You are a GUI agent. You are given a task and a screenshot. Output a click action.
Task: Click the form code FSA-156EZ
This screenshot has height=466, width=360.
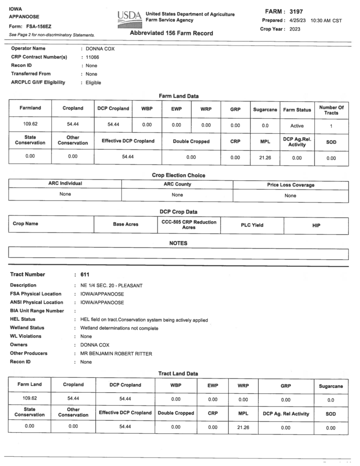click(x=38, y=26)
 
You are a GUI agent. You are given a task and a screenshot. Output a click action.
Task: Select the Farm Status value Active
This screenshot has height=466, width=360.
click(x=297, y=126)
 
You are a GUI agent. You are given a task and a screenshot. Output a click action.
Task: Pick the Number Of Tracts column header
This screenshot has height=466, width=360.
click(x=332, y=110)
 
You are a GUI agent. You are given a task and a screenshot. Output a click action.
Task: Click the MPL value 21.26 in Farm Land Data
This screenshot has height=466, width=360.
click(x=265, y=158)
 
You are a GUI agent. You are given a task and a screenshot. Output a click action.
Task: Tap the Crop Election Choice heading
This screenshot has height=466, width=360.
click(x=178, y=175)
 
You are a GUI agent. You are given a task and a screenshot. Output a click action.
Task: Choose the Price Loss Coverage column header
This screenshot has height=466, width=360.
click(x=291, y=185)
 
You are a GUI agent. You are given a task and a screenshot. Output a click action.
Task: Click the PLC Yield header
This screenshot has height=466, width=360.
click(x=252, y=225)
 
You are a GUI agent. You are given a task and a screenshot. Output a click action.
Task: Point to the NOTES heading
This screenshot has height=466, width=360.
click(x=178, y=243)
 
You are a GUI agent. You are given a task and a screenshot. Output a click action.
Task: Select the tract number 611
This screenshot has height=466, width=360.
click(x=85, y=274)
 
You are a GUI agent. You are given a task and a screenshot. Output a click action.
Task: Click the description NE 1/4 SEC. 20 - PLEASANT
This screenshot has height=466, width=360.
click(x=112, y=285)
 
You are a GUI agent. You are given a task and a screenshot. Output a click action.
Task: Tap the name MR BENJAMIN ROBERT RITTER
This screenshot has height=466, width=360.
click(x=116, y=353)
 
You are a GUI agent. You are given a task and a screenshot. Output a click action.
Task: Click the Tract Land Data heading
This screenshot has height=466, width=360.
click(x=178, y=373)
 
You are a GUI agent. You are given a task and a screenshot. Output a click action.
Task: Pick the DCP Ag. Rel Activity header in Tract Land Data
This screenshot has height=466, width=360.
click(x=286, y=413)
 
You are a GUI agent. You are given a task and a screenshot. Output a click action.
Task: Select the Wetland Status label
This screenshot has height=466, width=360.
click(x=27, y=328)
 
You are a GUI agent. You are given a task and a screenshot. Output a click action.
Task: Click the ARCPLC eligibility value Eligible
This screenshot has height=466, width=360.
click(x=93, y=82)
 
